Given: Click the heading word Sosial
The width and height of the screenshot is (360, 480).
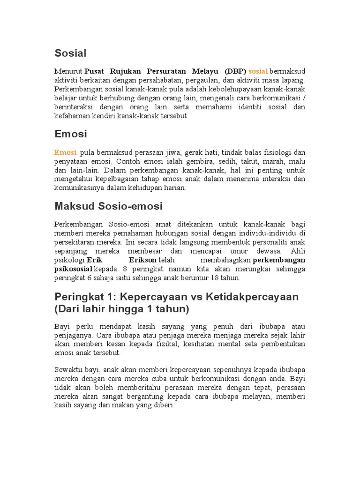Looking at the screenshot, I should [x=70, y=53].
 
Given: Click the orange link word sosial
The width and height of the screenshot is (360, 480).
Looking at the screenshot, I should [x=258, y=71].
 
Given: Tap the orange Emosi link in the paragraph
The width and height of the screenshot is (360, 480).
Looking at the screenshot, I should [x=65, y=152].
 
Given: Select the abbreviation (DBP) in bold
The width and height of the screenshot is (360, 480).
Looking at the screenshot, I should [x=235, y=71].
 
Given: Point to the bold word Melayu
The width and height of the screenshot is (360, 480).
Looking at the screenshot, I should [x=205, y=71].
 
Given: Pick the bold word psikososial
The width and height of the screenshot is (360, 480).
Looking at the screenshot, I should [x=74, y=269].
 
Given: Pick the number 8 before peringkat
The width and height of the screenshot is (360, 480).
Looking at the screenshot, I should [x=125, y=269].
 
